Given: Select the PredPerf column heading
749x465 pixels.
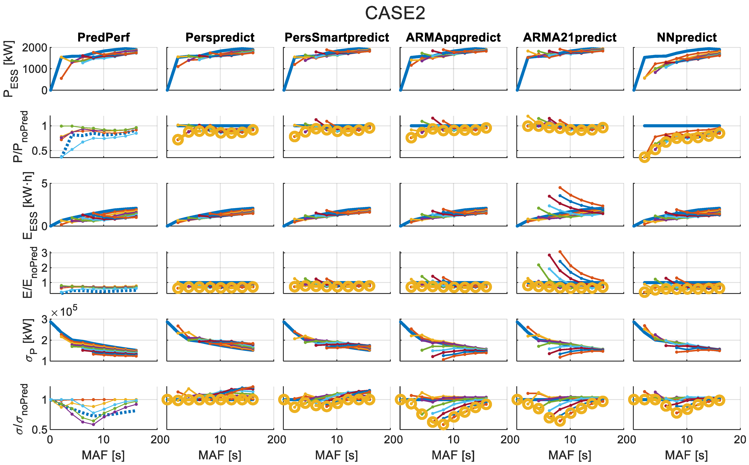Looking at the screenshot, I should (104, 38).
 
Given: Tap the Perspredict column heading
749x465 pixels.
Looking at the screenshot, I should (220, 38).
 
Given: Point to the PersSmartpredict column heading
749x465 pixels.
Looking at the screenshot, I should (337, 38).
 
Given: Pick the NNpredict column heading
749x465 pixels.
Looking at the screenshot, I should (687, 38).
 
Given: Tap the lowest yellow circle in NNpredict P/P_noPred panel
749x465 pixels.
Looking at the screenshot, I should (645, 158).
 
